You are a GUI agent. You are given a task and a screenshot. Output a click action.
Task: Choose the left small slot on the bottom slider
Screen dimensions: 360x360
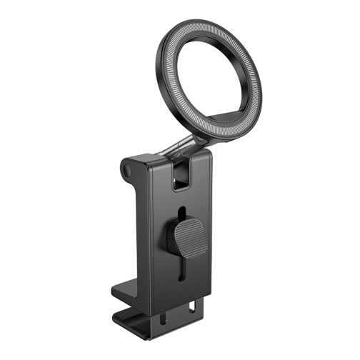tap(171, 315)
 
